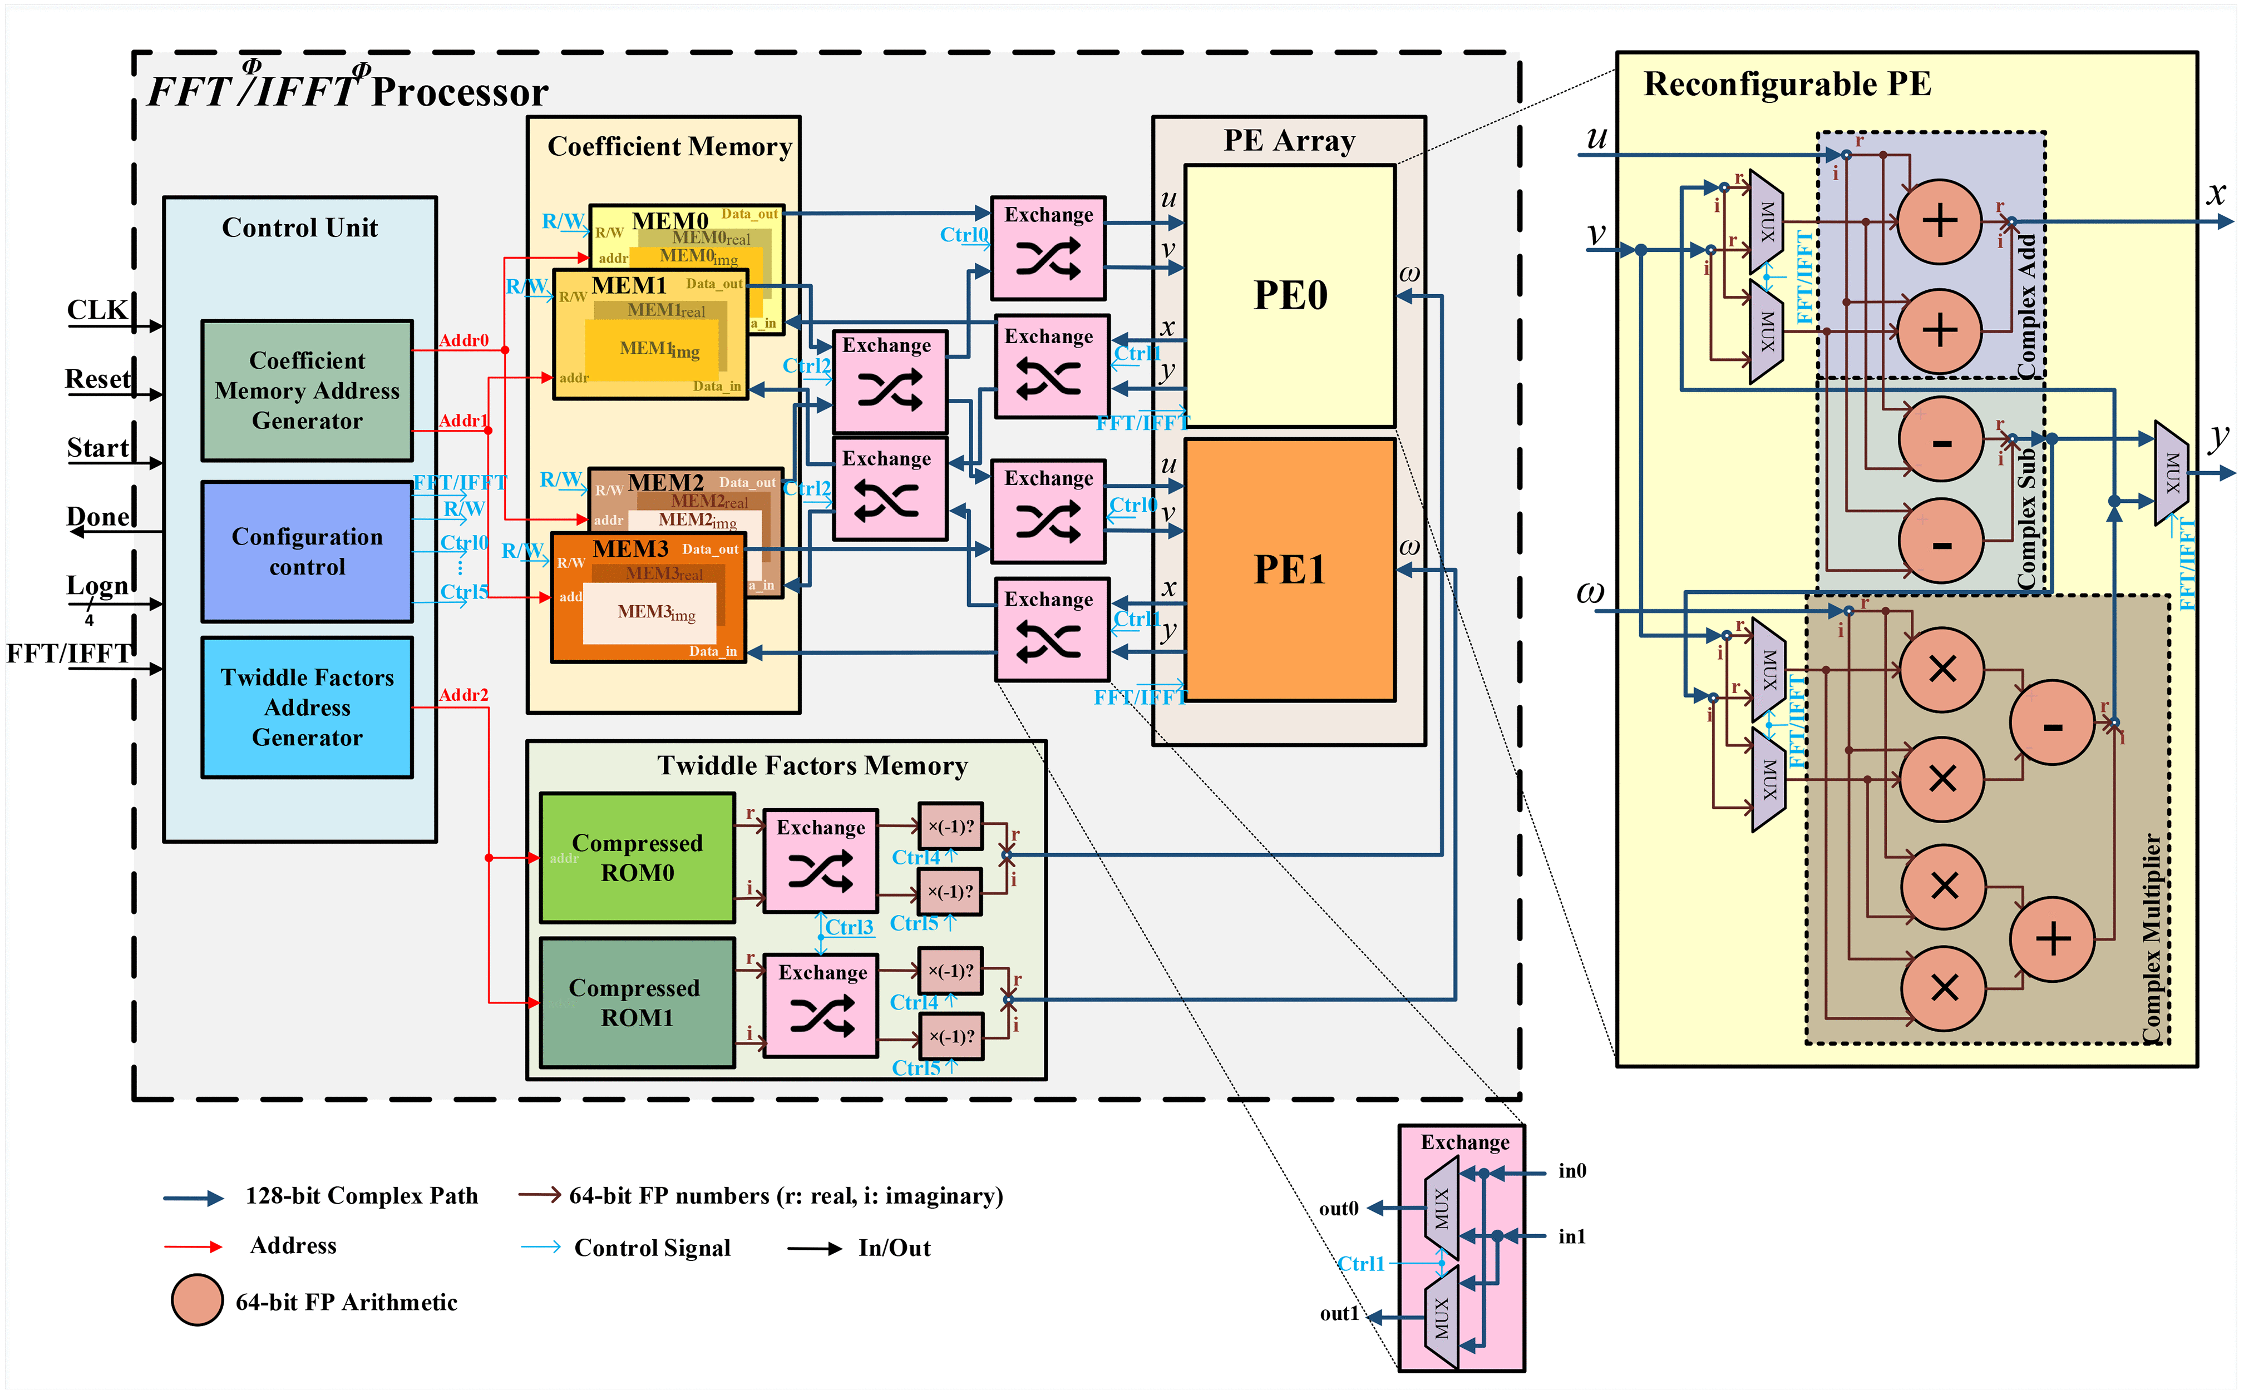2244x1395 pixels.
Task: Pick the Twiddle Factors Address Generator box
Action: point(307,707)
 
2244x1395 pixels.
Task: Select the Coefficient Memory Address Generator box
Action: point(307,390)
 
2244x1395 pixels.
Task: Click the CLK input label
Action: point(96,310)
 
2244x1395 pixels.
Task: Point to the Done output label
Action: point(98,517)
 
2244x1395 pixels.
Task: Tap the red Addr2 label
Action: point(463,695)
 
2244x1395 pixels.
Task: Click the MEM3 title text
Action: point(630,549)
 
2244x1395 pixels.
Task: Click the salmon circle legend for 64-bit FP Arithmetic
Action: point(196,1300)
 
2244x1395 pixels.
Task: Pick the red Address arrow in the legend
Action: point(193,1246)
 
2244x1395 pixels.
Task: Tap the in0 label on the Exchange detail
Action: point(1571,1171)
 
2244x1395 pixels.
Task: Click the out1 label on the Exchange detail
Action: point(1338,1313)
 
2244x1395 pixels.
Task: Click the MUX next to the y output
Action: point(2171,472)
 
